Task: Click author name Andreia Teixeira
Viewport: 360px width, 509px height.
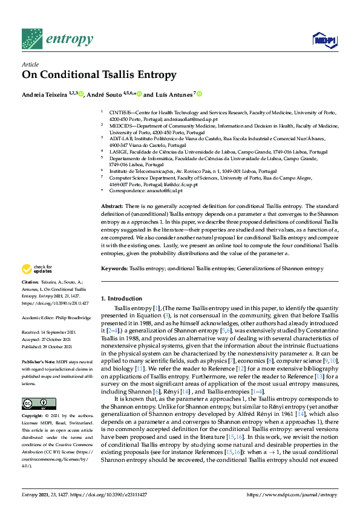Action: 44,94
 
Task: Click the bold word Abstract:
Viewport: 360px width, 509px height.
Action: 113,207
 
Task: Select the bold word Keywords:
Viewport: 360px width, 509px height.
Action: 114,267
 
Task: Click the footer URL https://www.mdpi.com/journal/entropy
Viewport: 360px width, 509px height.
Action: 292,495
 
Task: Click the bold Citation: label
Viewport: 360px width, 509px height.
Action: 30,282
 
